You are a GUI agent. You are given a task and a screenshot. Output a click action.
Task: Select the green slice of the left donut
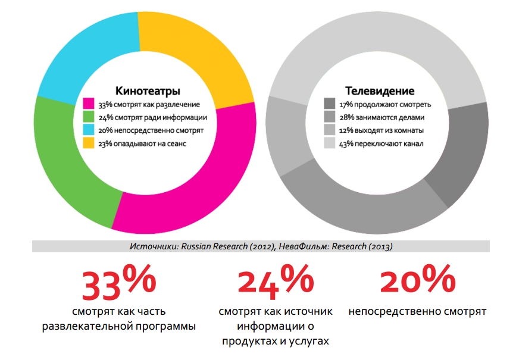point(62,164)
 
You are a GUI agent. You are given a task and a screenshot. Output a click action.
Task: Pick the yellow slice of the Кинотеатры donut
point(199,51)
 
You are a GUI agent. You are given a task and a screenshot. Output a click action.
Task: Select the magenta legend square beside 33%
point(88,104)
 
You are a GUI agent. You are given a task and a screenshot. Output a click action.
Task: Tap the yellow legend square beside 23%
point(88,143)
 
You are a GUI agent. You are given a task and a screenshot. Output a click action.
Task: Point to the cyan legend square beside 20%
point(88,130)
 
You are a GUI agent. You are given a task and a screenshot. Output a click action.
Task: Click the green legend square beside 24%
point(88,117)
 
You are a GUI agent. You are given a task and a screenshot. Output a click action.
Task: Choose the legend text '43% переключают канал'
point(381,143)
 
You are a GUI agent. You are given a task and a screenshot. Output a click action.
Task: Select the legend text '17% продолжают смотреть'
point(384,104)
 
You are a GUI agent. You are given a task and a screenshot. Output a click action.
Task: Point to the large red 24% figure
point(275,283)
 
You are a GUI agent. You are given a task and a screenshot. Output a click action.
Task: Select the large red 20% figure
point(417,281)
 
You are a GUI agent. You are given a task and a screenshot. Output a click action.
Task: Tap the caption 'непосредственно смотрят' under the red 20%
point(417,311)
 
